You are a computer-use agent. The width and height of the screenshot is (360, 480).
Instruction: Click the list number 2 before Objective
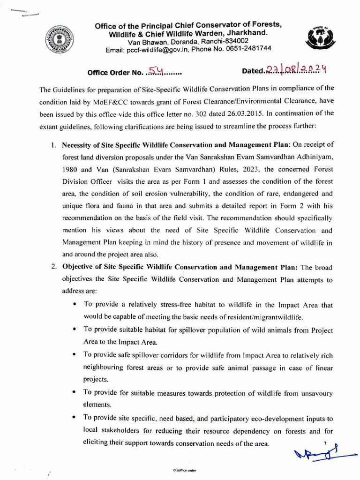54,268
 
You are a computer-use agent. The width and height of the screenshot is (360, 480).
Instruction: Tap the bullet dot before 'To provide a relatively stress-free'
75,305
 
